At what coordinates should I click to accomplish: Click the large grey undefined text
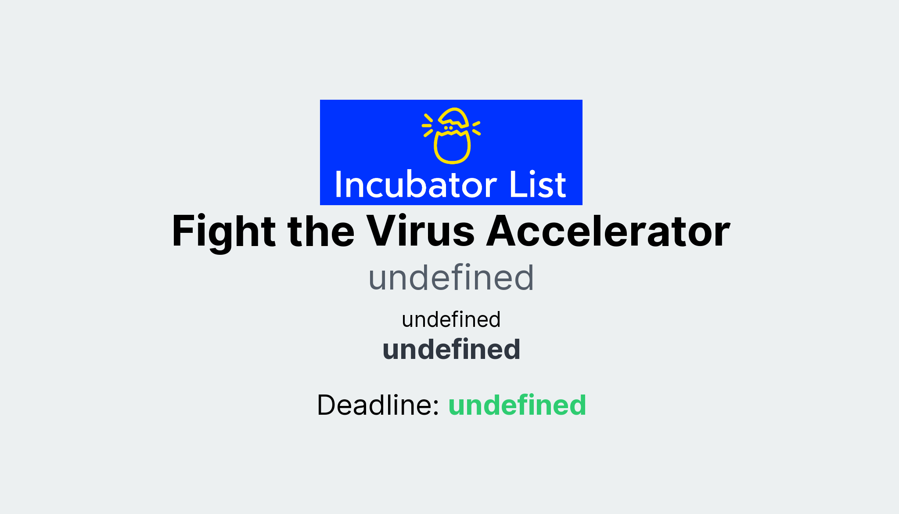(x=451, y=278)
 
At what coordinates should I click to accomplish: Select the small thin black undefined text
(x=451, y=319)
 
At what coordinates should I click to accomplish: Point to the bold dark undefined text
(x=451, y=350)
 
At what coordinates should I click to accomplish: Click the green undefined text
(x=517, y=405)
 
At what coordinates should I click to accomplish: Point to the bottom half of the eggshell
(x=452, y=148)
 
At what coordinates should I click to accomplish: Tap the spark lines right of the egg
(x=476, y=128)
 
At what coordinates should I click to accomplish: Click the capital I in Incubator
(x=338, y=185)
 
